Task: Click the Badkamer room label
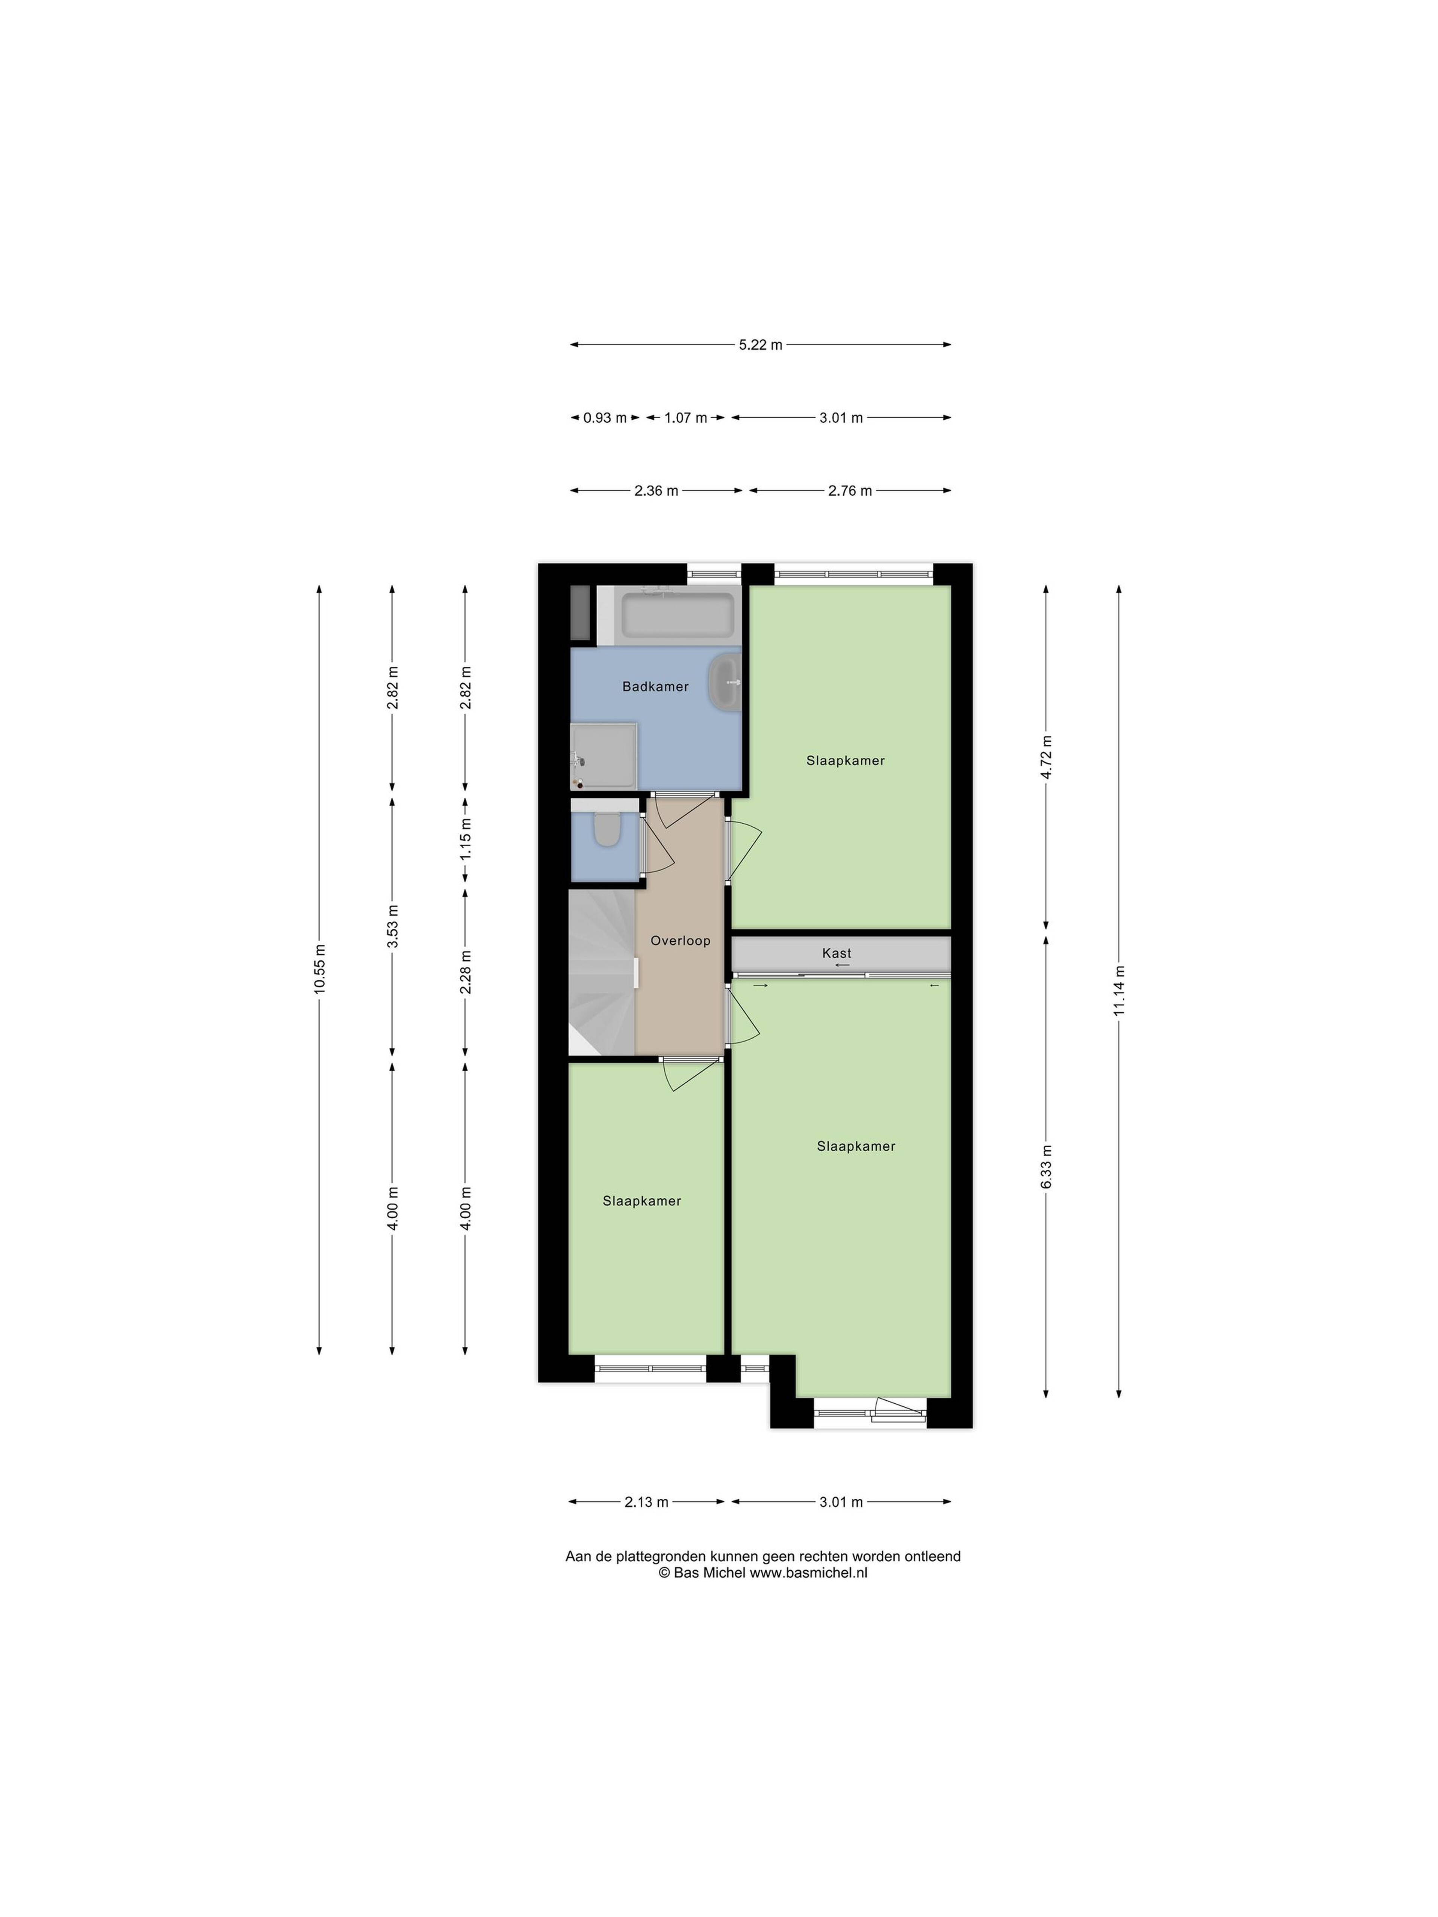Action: point(655,686)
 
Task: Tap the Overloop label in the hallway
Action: point(680,940)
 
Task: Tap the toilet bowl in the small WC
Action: point(607,830)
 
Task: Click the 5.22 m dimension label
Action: point(760,345)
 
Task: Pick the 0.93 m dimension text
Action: point(605,418)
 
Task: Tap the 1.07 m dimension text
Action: point(686,418)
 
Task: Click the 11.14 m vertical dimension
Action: point(1119,991)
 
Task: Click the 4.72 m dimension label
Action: point(1046,757)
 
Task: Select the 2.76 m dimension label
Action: point(849,490)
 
